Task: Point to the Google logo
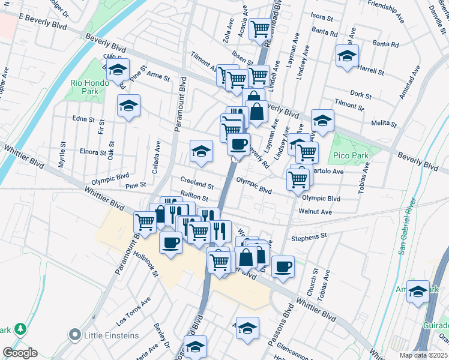(20, 353)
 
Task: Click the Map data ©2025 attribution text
(423, 355)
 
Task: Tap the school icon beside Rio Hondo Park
(118, 70)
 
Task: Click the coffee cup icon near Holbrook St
(170, 242)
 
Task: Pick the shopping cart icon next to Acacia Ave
(261, 28)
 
